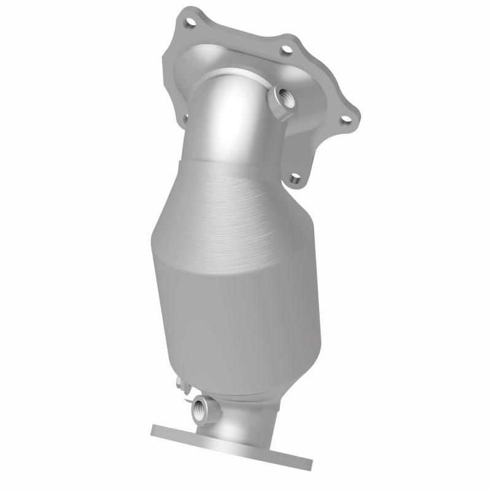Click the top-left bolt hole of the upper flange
(x=190, y=23)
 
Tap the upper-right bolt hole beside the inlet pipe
(x=286, y=51)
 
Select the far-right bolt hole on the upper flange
(x=346, y=120)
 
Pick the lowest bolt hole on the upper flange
(x=295, y=179)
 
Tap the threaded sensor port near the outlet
(x=200, y=408)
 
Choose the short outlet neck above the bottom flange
(x=245, y=417)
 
